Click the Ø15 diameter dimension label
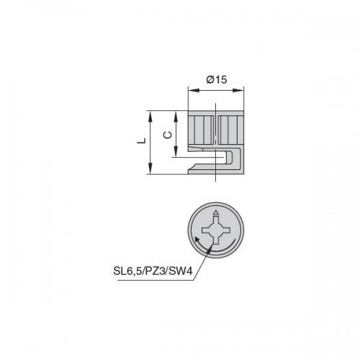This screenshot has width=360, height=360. [217, 79]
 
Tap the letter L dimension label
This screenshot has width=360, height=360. [141, 140]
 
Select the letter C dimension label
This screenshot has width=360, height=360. [168, 135]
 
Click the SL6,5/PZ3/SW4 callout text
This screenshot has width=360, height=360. [153, 271]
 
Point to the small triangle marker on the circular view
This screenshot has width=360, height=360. [216, 212]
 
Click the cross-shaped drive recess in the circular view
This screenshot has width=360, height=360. [216, 230]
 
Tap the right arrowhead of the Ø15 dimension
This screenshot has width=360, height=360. [238, 90]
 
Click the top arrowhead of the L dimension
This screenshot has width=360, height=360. [150, 117]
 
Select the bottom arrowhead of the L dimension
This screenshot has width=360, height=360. [150, 168]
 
